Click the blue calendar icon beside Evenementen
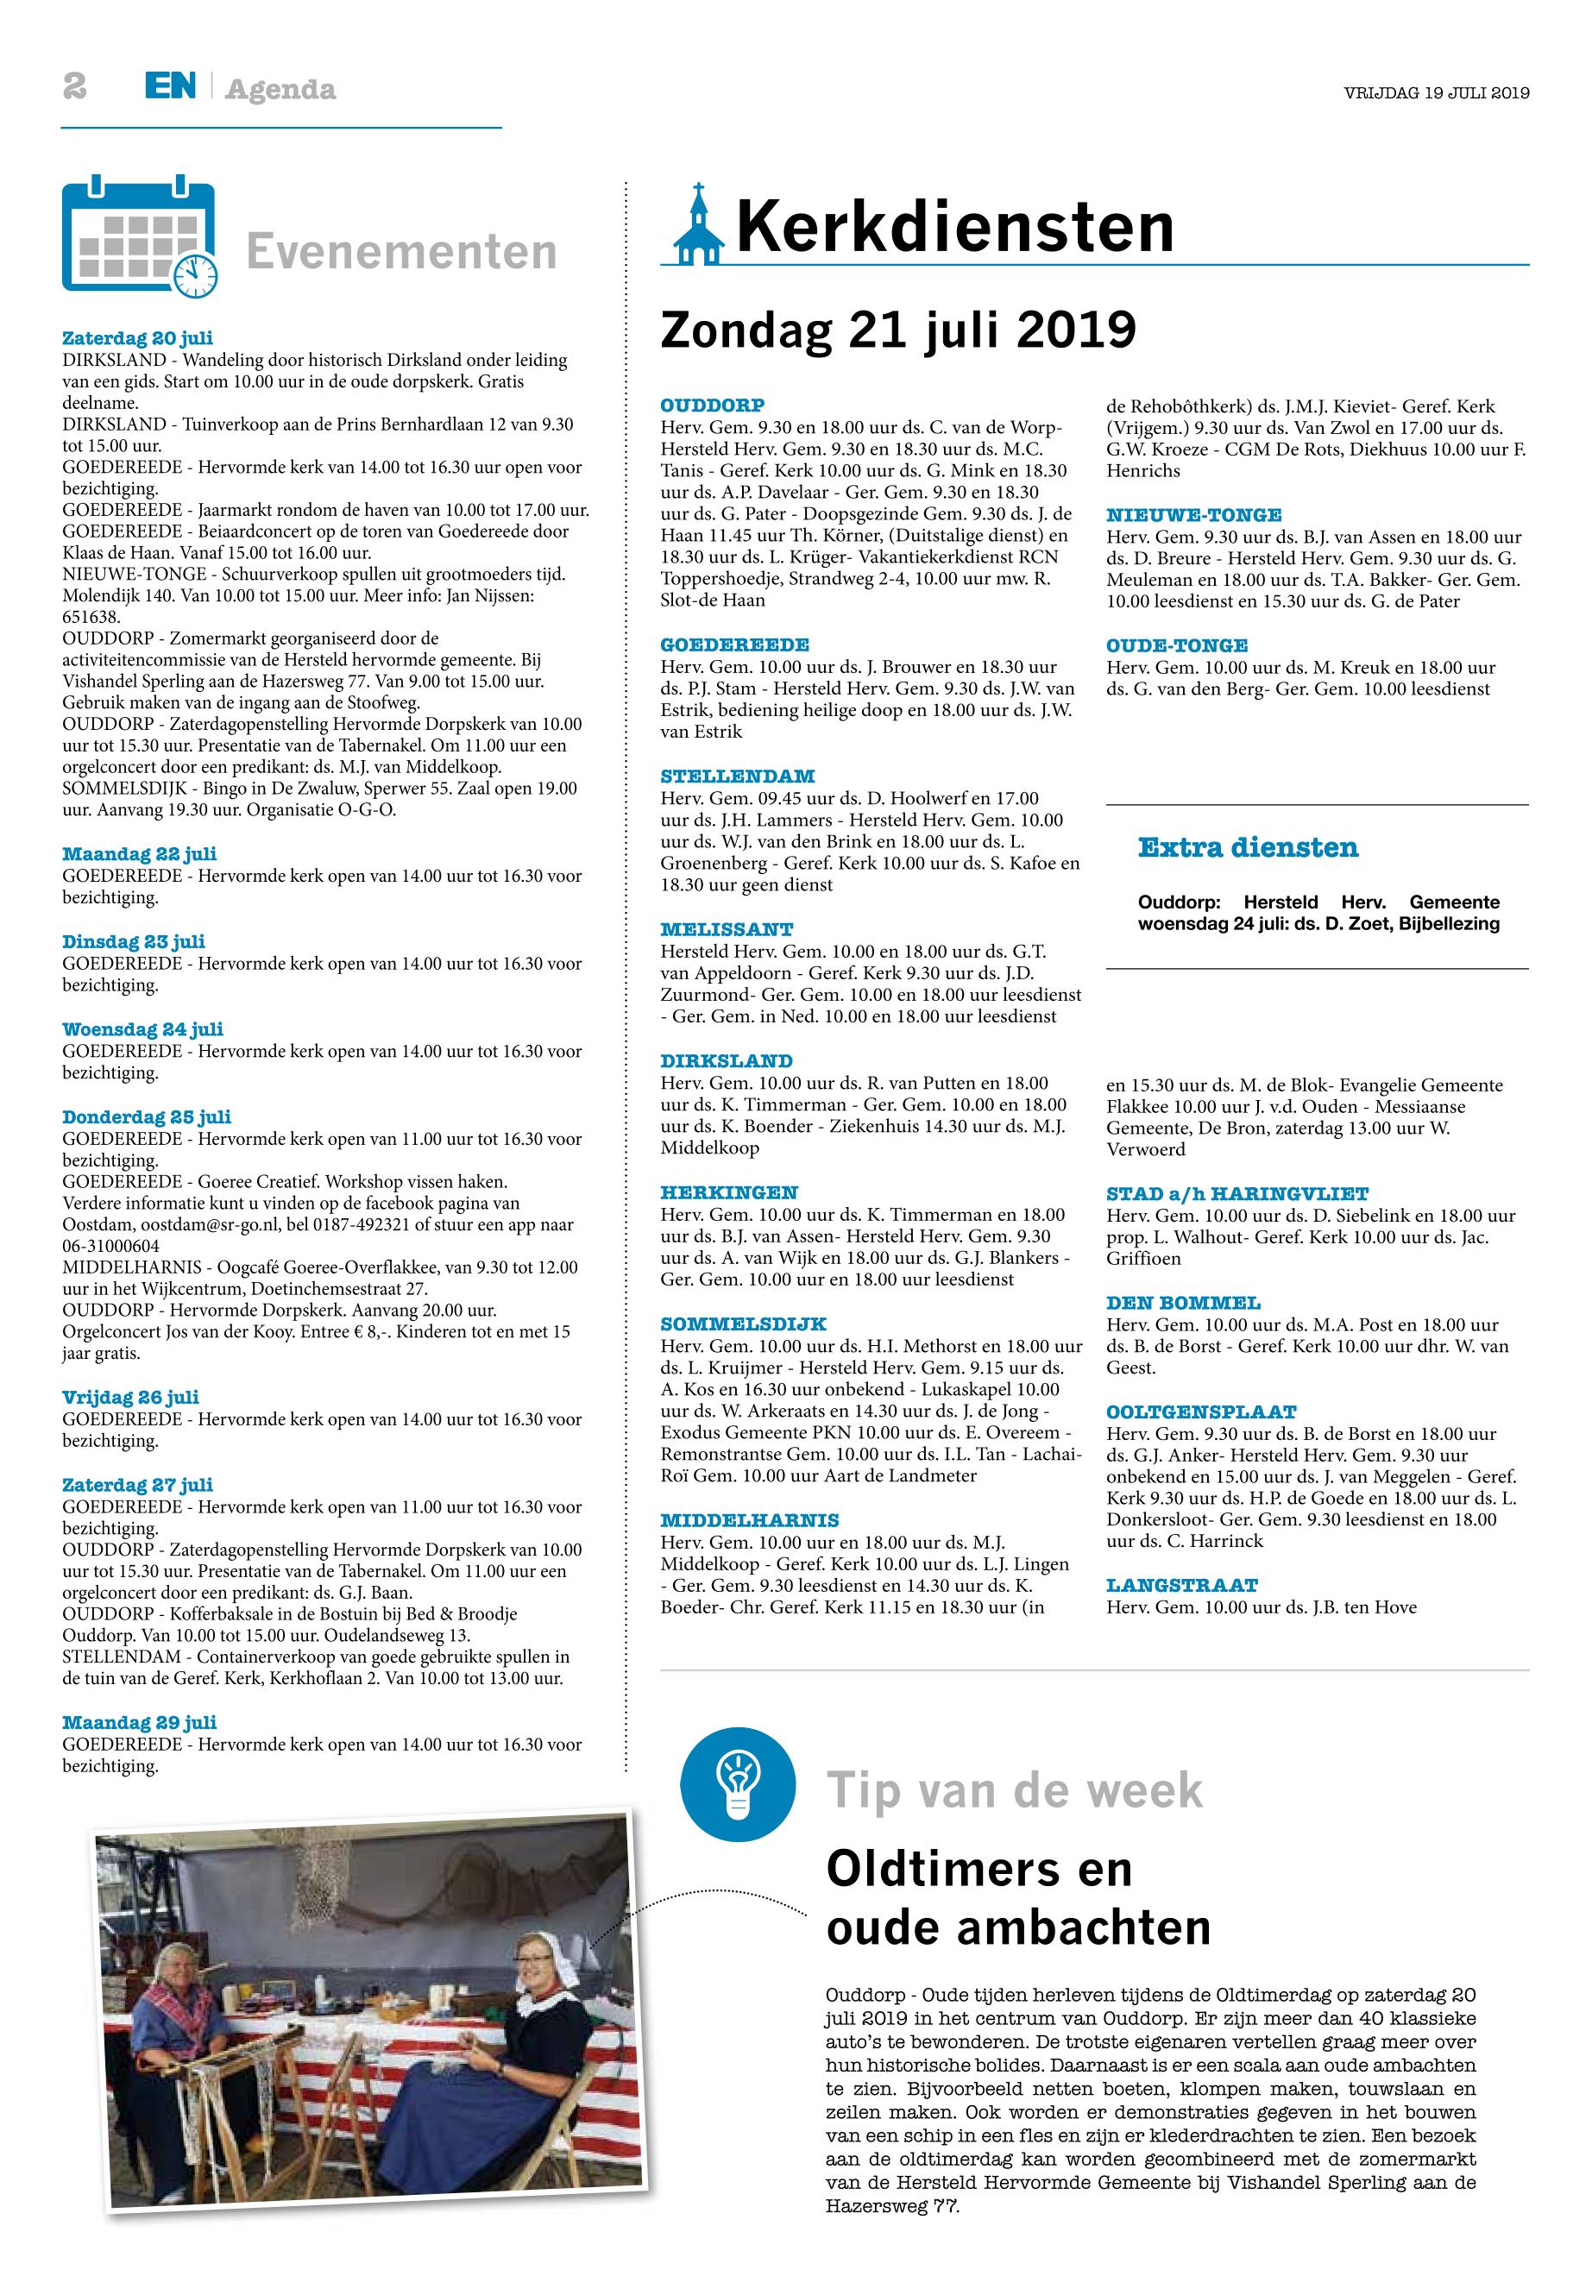click(140, 237)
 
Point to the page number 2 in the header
click(75, 88)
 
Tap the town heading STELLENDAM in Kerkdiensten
click(737, 776)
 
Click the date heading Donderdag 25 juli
click(147, 1117)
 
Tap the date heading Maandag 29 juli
click(140, 1722)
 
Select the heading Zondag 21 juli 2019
click(897, 330)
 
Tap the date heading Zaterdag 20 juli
click(138, 338)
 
